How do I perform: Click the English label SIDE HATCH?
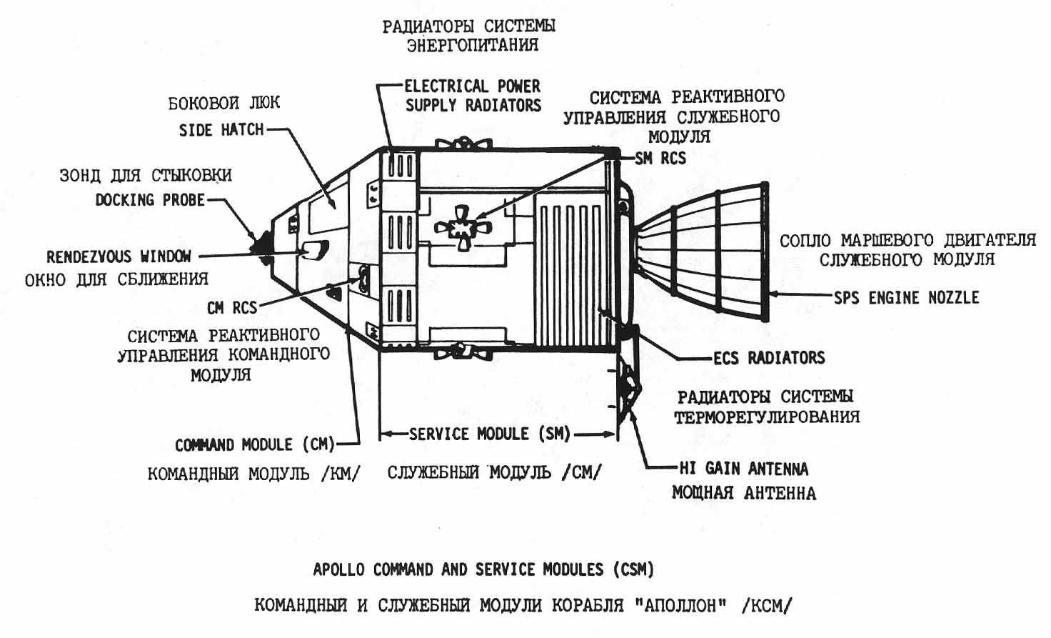click(221, 130)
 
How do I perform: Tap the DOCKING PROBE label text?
click(150, 200)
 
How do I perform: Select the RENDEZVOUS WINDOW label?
click(119, 256)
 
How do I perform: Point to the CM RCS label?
click(231, 308)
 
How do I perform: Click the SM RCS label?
click(660, 159)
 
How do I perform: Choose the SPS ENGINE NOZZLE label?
click(906, 298)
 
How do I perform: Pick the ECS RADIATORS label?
click(769, 358)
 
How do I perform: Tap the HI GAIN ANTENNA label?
click(743, 469)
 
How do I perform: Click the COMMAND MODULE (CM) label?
click(255, 445)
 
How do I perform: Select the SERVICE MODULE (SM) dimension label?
click(489, 434)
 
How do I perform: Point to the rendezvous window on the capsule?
click(313, 249)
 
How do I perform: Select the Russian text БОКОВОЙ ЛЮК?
click(223, 104)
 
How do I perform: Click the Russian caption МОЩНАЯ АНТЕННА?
click(743, 493)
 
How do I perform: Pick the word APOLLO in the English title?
click(338, 569)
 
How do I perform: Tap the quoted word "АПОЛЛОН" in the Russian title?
click(680, 606)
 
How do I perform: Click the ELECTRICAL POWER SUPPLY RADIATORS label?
click(473, 96)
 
